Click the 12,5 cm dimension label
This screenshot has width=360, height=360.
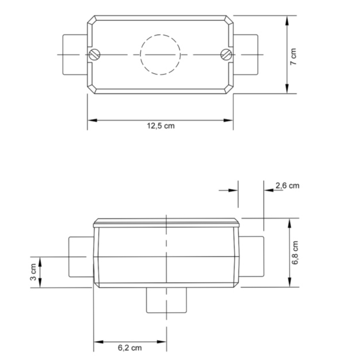[x=161, y=126]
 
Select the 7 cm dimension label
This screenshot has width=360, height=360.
[x=294, y=56]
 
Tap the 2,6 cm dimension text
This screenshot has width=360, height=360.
[x=287, y=186]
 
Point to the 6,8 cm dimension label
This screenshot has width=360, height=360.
[x=296, y=253]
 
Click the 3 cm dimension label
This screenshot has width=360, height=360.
[x=33, y=272]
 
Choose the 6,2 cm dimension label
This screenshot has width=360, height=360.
[x=130, y=348]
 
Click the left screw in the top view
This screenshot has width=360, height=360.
[x=94, y=54]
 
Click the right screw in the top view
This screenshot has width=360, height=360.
[x=226, y=54]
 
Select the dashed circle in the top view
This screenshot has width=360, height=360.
[x=160, y=55]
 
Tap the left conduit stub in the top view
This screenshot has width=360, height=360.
[x=75, y=54]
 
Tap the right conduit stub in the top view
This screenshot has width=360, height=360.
[x=246, y=54]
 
